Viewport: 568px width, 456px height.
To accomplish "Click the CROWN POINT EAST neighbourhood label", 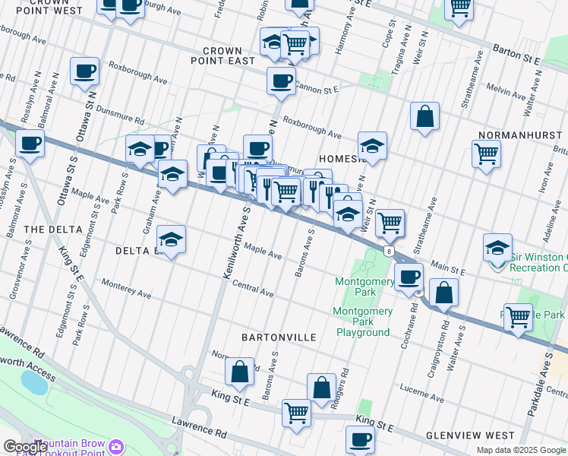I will click(222, 55).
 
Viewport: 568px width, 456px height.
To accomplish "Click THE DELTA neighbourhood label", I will click(48, 230).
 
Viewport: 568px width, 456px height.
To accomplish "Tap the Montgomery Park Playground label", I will click(363, 321).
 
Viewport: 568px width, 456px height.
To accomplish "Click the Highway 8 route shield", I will click(389, 252).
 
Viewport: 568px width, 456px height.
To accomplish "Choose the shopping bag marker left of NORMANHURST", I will click(425, 116).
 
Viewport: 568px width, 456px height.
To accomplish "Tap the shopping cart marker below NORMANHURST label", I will click(486, 154).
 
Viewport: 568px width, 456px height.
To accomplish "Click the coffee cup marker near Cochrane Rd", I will click(408, 277).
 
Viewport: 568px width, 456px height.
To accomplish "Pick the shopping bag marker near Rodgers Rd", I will click(322, 387).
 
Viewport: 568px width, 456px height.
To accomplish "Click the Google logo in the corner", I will click(24, 447).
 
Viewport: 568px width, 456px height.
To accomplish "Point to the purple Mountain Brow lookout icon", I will click(116, 446).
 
